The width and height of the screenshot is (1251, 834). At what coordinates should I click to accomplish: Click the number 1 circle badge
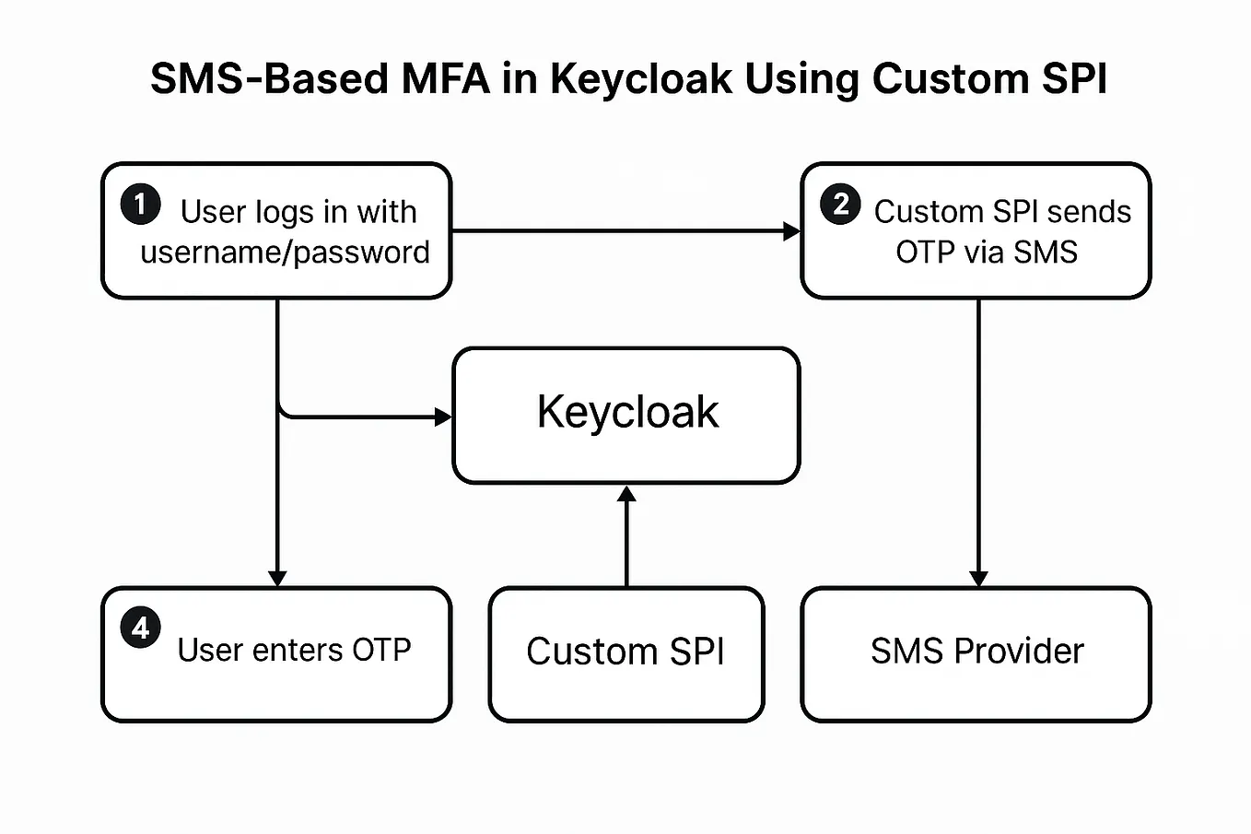pyautogui.click(x=140, y=204)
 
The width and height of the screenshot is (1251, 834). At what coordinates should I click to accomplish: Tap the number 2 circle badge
pyautogui.click(x=840, y=204)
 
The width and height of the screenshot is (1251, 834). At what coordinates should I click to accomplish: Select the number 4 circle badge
pyautogui.click(x=140, y=628)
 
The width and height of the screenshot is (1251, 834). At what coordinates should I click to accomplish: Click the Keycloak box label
pyautogui.click(x=627, y=412)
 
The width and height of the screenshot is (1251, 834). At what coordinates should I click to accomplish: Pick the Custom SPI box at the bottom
pyautogui.click(x=625, y=652)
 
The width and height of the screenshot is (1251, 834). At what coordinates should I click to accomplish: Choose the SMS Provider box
pyautogui.click(x=976, y=652)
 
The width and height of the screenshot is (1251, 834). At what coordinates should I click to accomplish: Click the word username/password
pyautogui.click(x=285, y=253)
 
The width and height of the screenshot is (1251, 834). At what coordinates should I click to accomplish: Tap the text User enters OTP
pyautogui.click(x=294, y=651)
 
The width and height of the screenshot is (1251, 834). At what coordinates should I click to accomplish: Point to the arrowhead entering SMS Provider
pyautogui.click(x=978, y=578)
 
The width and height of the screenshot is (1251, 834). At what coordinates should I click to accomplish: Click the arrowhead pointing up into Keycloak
pyautogui.click(x=626, y=494)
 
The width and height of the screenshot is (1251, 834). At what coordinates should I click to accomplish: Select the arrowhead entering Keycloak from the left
pyautogui.click(x=443, y=417)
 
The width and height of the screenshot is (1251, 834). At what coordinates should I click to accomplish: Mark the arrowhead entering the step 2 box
pyautogui.click(x=791, y=231)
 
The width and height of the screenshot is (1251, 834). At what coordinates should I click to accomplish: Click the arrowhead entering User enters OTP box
pyautogui.click(x=277, y=578)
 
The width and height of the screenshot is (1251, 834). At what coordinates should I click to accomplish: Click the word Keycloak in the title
pyautogui.click(x=640, y=79)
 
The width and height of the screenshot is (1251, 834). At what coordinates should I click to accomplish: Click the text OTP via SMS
pyautogui.click(x=986, y=253)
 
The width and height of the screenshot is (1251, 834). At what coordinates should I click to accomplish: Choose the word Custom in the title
pyautogui.click(x=951, y=79)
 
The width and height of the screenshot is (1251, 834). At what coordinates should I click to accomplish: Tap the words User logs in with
pyautogui.click(x=298, y=212)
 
